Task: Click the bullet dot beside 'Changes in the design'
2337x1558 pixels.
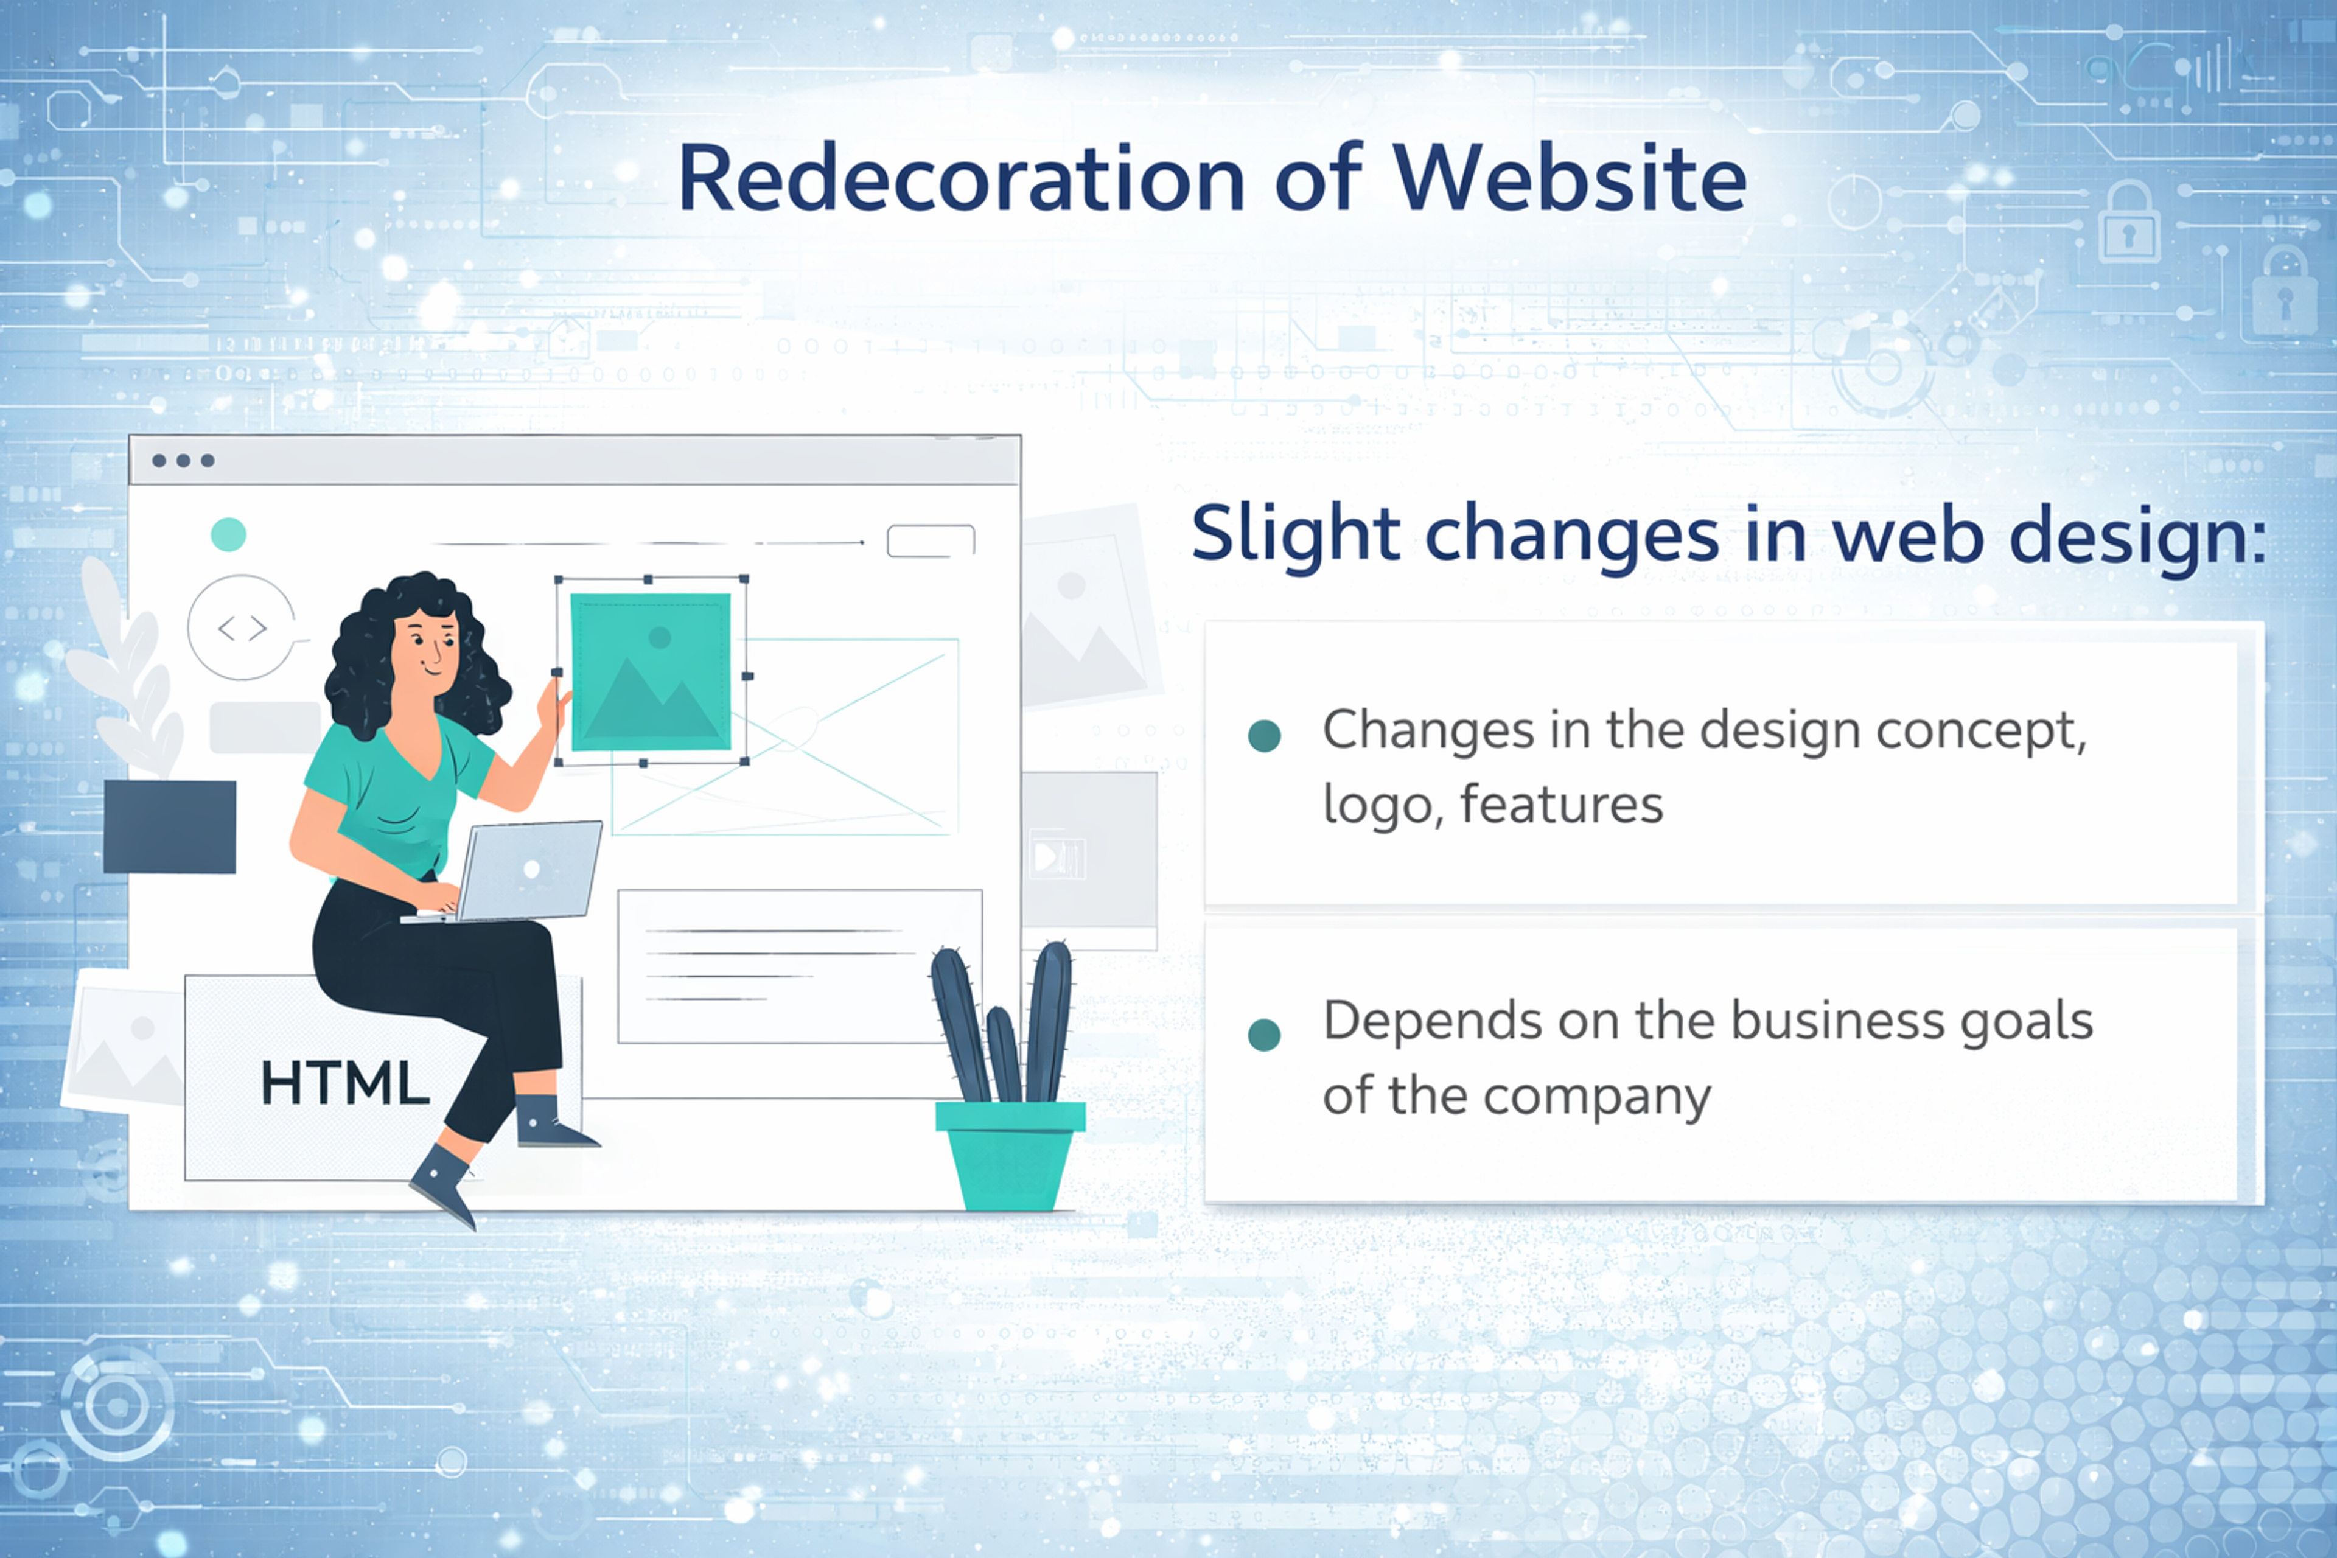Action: point(1264,736)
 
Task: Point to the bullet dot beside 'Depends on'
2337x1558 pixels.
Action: point(1264,1035)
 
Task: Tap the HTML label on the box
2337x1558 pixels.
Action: point(345,1083)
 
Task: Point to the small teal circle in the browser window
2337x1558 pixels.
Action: point(229,534)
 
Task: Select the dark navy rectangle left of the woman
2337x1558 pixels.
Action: point(170,826)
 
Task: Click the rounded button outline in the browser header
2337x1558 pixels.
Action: point(931,540)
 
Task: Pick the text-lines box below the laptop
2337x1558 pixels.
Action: point(799,966)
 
